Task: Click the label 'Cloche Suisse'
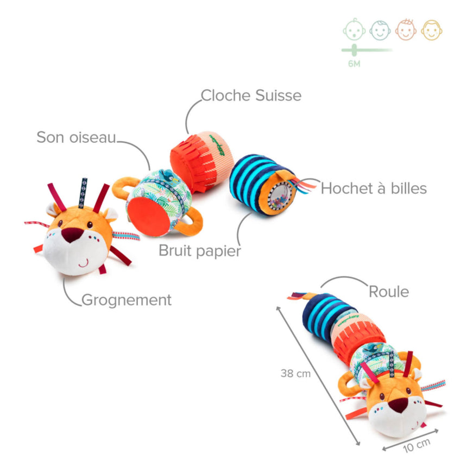251,96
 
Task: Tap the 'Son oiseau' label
76,137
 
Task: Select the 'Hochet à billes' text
374,188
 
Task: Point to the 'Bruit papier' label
199,251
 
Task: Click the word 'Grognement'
126,299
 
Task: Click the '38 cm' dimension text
295,373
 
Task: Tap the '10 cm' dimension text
416,445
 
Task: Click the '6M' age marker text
354,64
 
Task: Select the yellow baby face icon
432,29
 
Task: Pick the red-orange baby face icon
406,29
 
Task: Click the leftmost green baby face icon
354,29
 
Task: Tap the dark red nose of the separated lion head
72,235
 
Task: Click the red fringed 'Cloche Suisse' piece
201,159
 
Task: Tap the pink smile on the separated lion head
83,263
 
